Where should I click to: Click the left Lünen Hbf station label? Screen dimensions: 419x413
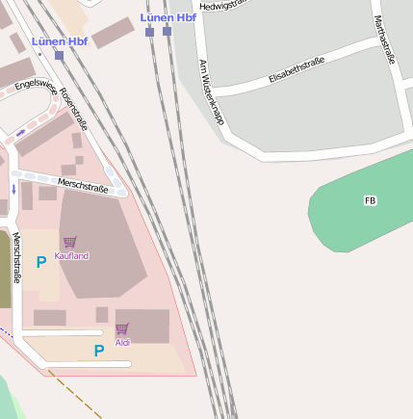[60, 41]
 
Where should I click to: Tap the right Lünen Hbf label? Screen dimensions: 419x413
[168, 17]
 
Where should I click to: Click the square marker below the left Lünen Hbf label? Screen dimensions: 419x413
[60, 55]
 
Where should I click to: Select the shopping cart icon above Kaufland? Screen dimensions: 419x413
[69, 242]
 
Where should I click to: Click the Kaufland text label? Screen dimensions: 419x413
[71, 255]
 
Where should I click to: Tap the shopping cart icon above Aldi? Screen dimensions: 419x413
[122, 328]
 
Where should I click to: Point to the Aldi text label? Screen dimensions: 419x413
[122, 342]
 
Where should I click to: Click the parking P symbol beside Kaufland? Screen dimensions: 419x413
[41, 261]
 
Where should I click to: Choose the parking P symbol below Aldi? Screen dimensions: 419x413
[99, 352]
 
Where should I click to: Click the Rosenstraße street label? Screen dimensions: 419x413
[73, 109]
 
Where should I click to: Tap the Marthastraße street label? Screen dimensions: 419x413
[383, 39]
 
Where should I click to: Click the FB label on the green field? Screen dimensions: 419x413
[370, 200]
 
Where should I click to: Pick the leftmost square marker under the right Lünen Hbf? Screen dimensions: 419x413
[149, 32]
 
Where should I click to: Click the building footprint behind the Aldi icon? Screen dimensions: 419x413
[144, 326]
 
